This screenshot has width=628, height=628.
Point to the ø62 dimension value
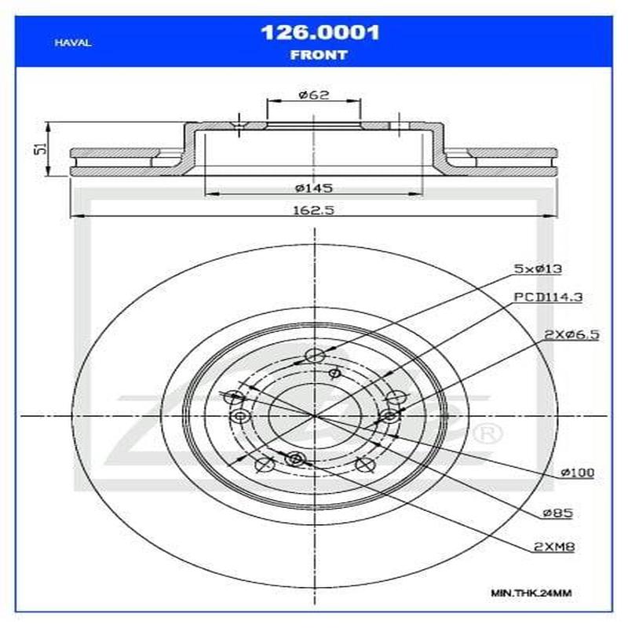[x=313, y=95]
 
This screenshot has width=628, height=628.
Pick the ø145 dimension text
[x=313, y=188]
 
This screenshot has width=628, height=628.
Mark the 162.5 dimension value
[x=313, y=210]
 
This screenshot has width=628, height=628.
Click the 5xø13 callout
[x=539, y=268]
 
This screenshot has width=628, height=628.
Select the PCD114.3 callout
[x=541, y=298]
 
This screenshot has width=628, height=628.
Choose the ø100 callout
[x=577, y=473]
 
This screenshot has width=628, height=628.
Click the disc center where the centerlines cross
[x=314, y=414]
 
